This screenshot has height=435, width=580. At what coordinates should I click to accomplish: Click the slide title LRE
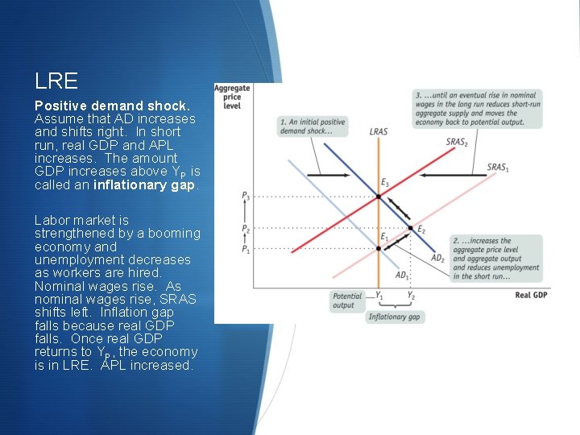tap(56, 81)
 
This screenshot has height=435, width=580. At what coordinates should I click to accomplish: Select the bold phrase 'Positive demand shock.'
tap(112, 106)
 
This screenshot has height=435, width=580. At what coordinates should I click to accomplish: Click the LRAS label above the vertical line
tap(378, 131)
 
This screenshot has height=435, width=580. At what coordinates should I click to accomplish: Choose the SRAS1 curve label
tap(497, 168)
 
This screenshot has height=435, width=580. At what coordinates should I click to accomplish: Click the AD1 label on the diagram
tap(403, 275)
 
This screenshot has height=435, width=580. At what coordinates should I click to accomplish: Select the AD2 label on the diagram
tap(437, 258)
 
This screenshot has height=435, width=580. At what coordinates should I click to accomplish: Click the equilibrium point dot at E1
tap(378, 248)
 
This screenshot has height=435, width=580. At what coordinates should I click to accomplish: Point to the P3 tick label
tap(246, 196)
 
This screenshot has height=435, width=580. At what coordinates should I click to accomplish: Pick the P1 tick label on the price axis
tap(246, 249)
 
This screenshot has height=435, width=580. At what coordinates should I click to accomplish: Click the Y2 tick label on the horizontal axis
tap(411, 296)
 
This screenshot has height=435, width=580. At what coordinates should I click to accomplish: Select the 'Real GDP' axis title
tap(531, 296)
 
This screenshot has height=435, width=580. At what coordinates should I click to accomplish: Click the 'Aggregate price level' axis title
tap(232, 97)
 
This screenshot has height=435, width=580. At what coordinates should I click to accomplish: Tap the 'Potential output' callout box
tap(347, 300)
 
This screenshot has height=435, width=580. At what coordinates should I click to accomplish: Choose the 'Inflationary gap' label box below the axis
tap(395, 317)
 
